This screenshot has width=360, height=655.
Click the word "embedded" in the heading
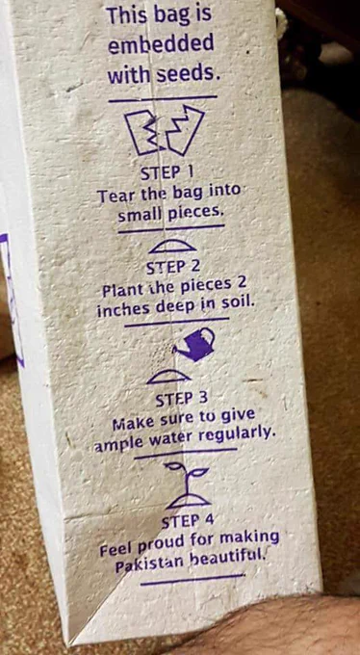coord(161,44)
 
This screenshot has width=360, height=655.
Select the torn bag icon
coord(165,130)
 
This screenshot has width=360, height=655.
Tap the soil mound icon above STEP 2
coord(172,247)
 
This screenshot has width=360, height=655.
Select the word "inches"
coord(123,308)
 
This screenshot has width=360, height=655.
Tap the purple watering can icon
coord(194,344)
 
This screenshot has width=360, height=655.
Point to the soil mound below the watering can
coord(169,377)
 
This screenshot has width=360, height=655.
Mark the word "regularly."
coord(237,435)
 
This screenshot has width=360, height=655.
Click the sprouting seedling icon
coord(187,485)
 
